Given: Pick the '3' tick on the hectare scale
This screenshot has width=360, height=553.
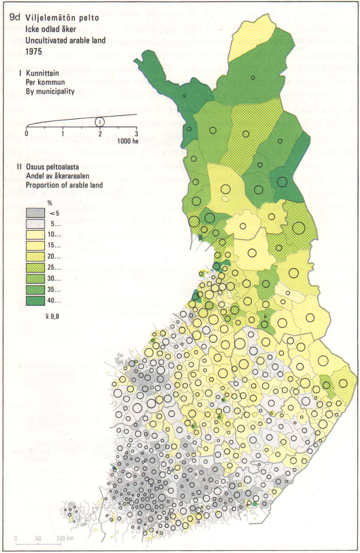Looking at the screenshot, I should coord(136,133).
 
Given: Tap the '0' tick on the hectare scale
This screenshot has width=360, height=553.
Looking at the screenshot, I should coord(27,133).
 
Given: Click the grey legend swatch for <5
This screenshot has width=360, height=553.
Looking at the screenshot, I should coord(35,213).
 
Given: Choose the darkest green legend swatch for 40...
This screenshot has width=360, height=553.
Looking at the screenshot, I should coord(35,300).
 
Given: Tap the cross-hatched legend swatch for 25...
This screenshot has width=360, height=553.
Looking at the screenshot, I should coord(35,267).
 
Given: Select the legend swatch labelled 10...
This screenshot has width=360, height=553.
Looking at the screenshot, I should coord(35,235).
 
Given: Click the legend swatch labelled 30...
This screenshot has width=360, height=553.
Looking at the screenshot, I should coord(35,278).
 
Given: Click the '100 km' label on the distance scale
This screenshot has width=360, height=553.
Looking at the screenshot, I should coord(65,539).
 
